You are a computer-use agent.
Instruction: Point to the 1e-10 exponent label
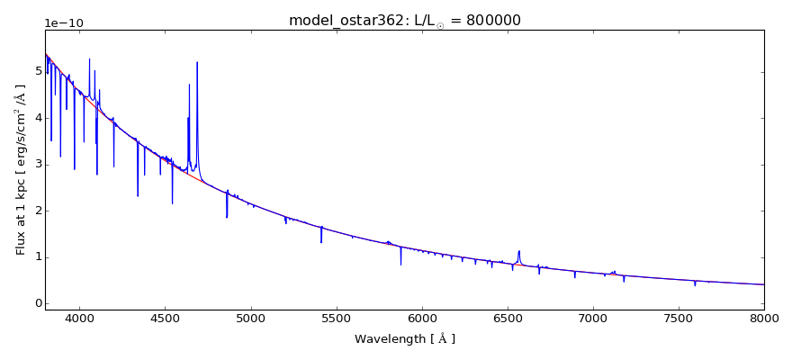point(64,22)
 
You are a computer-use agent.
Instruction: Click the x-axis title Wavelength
point(404,339)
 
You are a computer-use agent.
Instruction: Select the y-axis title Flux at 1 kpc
point(21,168)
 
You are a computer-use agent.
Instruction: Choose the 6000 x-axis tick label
point(421,318)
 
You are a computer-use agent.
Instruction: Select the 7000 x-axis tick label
point(593,318)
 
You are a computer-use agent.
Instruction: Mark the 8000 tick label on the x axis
point(764,318)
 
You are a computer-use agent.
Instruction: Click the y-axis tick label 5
point(35,71)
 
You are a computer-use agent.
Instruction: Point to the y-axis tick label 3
point(35,164)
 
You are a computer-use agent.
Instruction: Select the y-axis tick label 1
point(35,256)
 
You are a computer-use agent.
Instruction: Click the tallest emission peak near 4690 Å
point(197,63)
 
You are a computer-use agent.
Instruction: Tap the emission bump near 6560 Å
point(519,251)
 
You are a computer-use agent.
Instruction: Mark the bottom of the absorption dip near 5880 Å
point(401,264)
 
